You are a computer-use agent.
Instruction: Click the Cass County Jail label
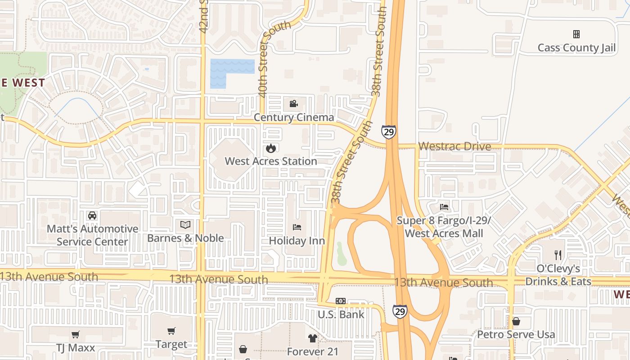(576, 48)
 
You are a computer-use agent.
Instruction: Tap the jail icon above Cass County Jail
(576, 34)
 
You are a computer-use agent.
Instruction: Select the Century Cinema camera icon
(293, 104)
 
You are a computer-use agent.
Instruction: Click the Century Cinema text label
(294, 117)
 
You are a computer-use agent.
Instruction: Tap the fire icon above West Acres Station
(270, 148)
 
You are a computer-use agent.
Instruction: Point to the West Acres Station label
(270, 161)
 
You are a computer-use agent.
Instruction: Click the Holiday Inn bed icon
(297, 227)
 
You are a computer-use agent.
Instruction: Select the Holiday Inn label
(297, 241)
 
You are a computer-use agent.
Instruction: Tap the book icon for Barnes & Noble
(185, 225)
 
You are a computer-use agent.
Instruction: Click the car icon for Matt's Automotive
(92, 216)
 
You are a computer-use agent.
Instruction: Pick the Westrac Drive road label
(454, 146)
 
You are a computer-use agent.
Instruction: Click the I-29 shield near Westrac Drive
(389, 131)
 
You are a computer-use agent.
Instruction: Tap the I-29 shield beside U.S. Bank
(400, 311)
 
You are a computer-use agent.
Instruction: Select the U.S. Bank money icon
(341, 301)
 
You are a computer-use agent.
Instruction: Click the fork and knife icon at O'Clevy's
(558, 255)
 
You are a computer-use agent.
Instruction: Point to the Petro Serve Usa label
(516, 334)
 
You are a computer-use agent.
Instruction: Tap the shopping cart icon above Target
(171, 331)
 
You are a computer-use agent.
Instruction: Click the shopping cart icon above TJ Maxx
(76, 334)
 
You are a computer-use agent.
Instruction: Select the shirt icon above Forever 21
(312, 338)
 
